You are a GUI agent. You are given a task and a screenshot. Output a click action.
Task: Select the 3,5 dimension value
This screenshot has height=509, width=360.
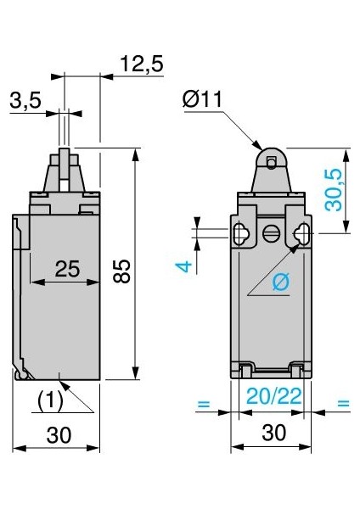[x=26, y=101]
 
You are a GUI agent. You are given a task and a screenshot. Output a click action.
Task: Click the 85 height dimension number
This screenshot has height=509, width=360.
[x=122, y=271]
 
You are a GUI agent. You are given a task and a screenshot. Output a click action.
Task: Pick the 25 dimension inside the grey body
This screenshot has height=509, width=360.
[x=67, y=269]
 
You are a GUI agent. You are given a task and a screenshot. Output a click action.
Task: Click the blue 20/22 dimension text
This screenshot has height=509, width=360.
[x=272, y=394]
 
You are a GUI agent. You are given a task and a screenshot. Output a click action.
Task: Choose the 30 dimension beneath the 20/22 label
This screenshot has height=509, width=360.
[x=272, y=433]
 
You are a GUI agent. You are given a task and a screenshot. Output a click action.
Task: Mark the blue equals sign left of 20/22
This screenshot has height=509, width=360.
[x=202, y=404]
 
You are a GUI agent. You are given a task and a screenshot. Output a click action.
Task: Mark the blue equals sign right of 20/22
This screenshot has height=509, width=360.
[x=342, y=404]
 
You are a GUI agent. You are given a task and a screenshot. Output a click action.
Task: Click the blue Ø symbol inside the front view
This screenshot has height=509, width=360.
[x=281, y=283]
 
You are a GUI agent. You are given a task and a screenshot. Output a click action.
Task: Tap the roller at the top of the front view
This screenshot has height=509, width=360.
[x=272, y=159]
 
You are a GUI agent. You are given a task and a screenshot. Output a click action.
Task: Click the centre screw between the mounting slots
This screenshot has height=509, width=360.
[x=272, y=233]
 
